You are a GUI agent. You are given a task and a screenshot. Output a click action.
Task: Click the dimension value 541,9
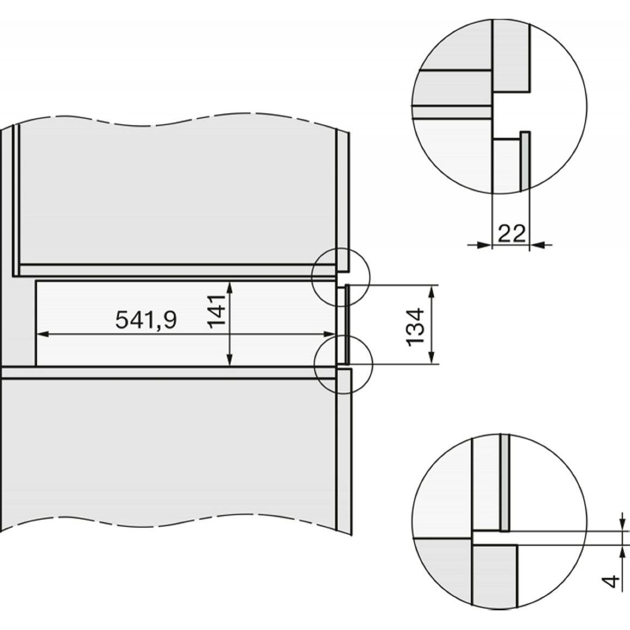coord(146,320)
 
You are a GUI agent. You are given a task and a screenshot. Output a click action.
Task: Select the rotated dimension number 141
coord(216,311)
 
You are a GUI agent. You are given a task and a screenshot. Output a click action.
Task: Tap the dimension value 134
coord(415,326)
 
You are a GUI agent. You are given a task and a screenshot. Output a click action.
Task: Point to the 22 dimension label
coord(512,233)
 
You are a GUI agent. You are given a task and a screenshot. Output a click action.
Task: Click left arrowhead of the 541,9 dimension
coord(43,334)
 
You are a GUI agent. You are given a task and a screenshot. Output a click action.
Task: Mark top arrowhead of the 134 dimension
coord(432,292)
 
